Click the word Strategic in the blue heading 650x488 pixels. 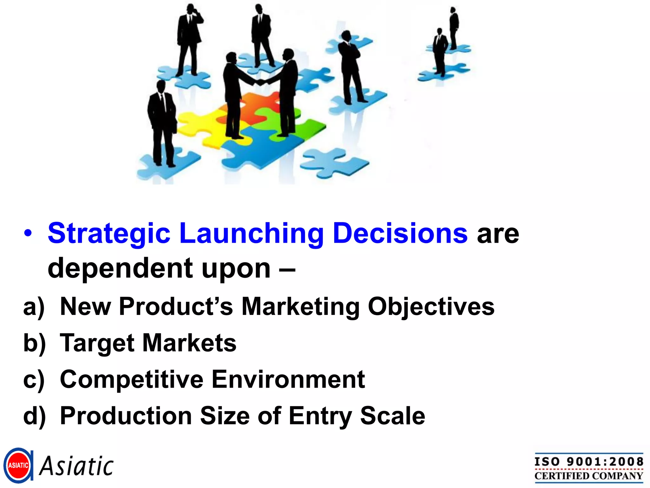click(109, 234)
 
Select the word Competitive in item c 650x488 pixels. click(132, 379)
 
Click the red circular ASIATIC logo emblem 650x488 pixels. click(18, 465)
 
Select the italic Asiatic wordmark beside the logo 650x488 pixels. click(76, 466)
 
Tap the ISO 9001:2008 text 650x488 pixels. click(589, 462)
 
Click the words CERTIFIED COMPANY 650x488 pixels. click(589, 476)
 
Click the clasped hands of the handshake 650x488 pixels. click(261, 82)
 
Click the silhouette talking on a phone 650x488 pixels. click(190, 40)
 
